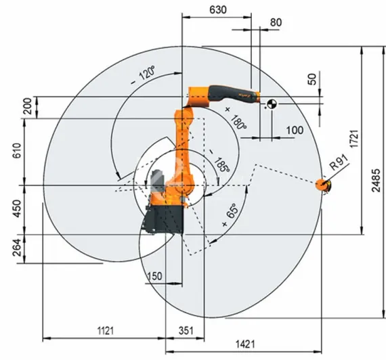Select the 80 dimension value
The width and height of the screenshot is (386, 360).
pos(276,22)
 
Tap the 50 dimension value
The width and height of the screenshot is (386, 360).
pos(312,78)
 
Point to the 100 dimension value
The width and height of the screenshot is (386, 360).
pos(295,129)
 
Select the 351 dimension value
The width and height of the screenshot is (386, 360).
pos(186,330)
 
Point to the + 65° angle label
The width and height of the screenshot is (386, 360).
pos(230,216)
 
